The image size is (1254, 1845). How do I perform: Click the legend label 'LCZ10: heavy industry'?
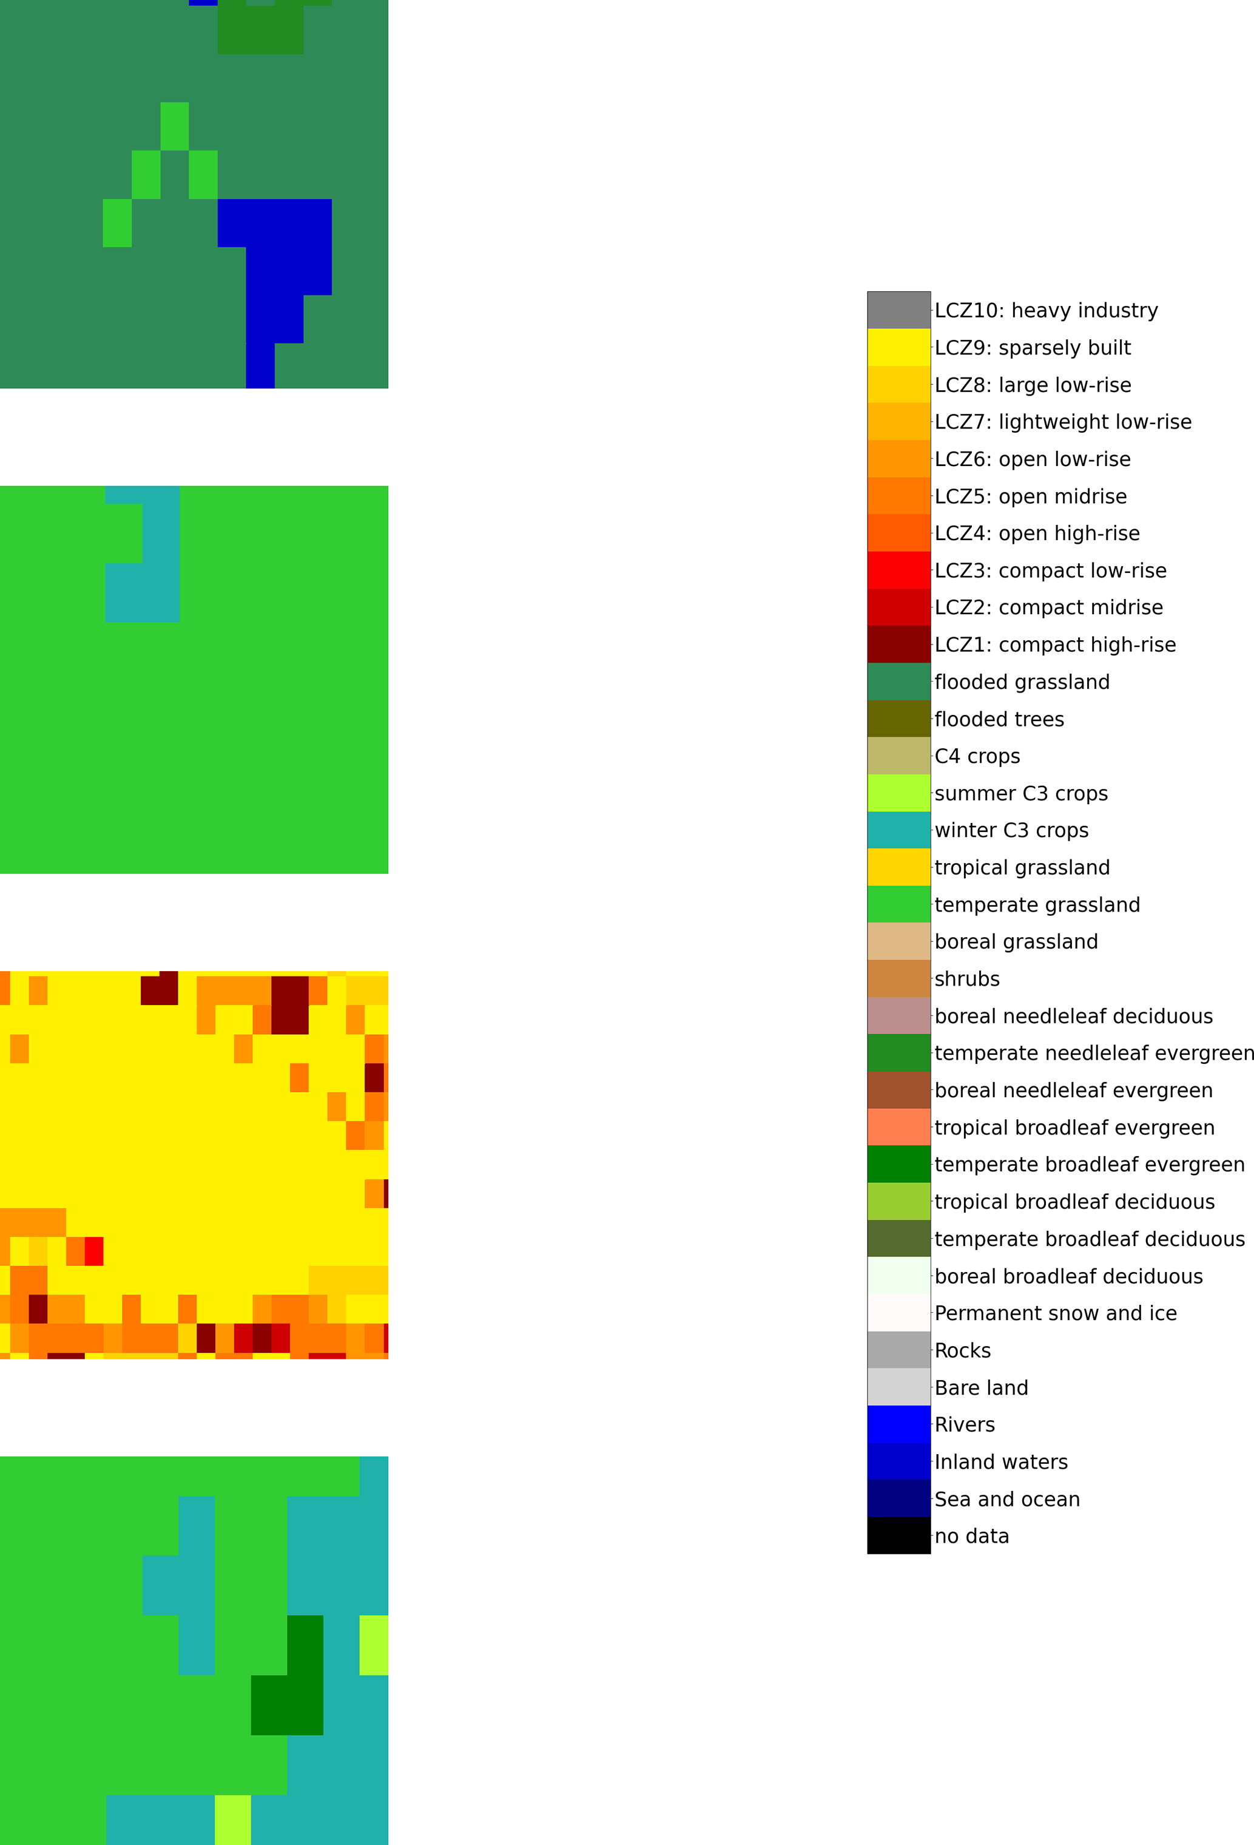(x=1045, y=310)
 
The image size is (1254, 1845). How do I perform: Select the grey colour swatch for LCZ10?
(x=898, y=310)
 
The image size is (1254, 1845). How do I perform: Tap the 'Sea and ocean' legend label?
(x=1006, y=1499)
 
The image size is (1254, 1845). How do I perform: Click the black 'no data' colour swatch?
(x=898, y=1535)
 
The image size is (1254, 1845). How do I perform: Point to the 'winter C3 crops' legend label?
(x=1011, y=830)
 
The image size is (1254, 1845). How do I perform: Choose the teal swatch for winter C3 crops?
(x=898, y=830)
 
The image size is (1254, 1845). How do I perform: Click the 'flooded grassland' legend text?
(x=1022, y=682)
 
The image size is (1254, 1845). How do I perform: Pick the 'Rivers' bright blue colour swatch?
(x=898, y=1424)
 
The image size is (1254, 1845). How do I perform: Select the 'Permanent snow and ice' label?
(x=1055, y=1313)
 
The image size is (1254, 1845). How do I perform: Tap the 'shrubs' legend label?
(x=966, y=979)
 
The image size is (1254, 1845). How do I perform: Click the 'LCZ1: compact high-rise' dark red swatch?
(x=898, y=645)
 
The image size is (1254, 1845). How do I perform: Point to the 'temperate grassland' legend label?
(x=1037, y=905)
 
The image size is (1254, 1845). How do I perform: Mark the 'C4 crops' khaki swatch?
(x=898, y=756)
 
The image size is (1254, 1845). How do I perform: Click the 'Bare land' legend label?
(x=981, y=1388)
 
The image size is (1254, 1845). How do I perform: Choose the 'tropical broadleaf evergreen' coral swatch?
(x=898, y=1127)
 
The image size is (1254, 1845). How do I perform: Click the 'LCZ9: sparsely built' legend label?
(x=1032, y=348)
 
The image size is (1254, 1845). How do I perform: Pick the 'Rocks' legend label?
(x=962, y=1350)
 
